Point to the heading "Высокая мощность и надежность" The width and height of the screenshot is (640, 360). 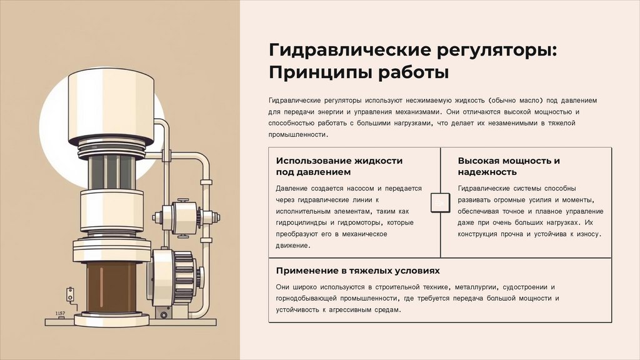(x=508, y=166)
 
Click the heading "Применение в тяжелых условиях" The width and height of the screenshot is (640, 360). (x=357, y=271)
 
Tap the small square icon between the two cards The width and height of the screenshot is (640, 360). (x=440, y=204)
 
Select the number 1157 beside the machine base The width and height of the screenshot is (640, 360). (x=61, y=313)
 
